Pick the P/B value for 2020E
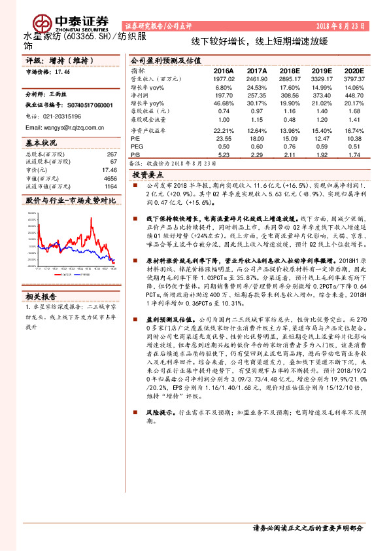click(354, 154)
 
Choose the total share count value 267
click(111, 154)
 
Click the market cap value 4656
click(110, 177)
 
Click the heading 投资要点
click(148, 175)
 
